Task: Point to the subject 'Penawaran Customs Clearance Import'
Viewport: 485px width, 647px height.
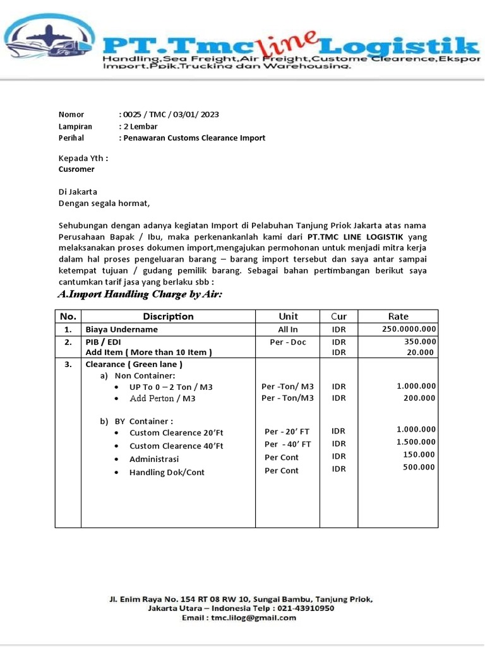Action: (194, 138)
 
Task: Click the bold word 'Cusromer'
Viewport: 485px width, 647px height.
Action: (76, 169)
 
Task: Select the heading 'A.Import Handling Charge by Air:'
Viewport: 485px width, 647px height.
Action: (140, 294)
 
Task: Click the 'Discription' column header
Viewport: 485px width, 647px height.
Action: (168, 316)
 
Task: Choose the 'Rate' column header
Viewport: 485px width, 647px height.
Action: (398, 316)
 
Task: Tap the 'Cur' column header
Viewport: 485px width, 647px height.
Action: (338, 316)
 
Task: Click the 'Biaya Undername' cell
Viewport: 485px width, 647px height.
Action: (121, 329)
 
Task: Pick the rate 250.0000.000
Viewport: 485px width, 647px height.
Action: (409, 329)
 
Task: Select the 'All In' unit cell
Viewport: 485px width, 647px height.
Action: (288, 329)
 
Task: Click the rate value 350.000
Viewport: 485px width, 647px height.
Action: (420, 341)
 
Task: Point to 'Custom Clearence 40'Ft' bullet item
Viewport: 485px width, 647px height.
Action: (176, 446)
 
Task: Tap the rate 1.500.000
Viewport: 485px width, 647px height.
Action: (416, 442)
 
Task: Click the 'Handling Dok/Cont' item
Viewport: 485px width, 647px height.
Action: (167, 472)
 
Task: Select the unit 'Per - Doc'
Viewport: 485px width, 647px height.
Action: (288, 341)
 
